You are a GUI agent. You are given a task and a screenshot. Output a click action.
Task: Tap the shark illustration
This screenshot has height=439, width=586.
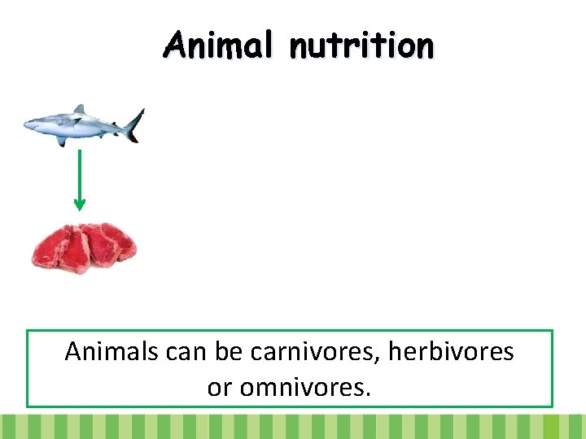click(81, 125)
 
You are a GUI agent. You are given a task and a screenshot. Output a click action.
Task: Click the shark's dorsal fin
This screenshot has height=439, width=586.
click(79, 110)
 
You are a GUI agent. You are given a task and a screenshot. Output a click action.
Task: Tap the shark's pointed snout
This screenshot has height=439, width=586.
click(28, 124)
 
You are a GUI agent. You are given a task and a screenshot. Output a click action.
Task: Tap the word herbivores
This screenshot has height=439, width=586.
click(451, 352)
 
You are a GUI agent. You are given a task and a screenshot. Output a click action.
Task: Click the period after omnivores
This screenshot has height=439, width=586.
click(368, 393)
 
